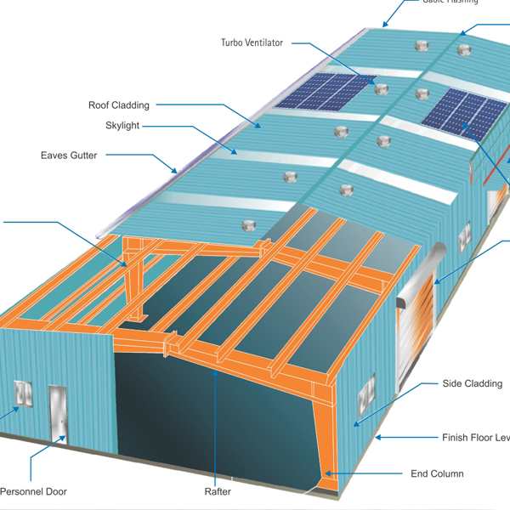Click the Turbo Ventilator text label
[252, 42]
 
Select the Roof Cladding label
[119, 105]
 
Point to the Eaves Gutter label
[69, 156]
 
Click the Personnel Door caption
[33, 491]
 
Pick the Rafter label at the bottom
[218, 491]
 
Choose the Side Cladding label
[472, 384]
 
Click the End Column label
[437, 473]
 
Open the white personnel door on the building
[57, 414]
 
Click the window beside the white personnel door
[23, 395]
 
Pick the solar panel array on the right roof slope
[464, 113]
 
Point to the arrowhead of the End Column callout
[326, 473]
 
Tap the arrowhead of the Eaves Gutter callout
[175, 171]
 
